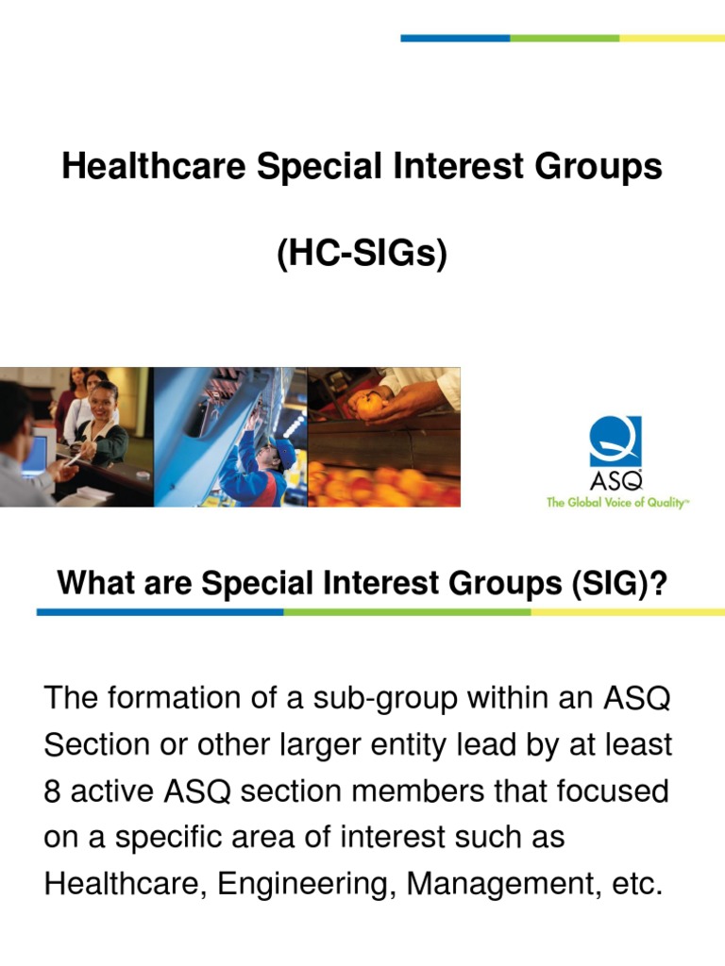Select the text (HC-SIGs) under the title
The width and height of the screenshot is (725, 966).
pos(362,253)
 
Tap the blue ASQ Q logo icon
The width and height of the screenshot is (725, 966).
pos(615,441)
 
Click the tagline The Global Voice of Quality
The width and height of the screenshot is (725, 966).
pos(617,503)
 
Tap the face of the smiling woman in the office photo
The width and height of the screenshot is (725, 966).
pos(104,396)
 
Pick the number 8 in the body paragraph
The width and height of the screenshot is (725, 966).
pos(52,791)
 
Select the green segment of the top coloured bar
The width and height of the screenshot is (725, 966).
pos(565,38)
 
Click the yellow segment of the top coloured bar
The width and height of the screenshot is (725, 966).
pos(672,38)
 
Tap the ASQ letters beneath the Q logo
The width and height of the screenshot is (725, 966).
pos(615,484)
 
